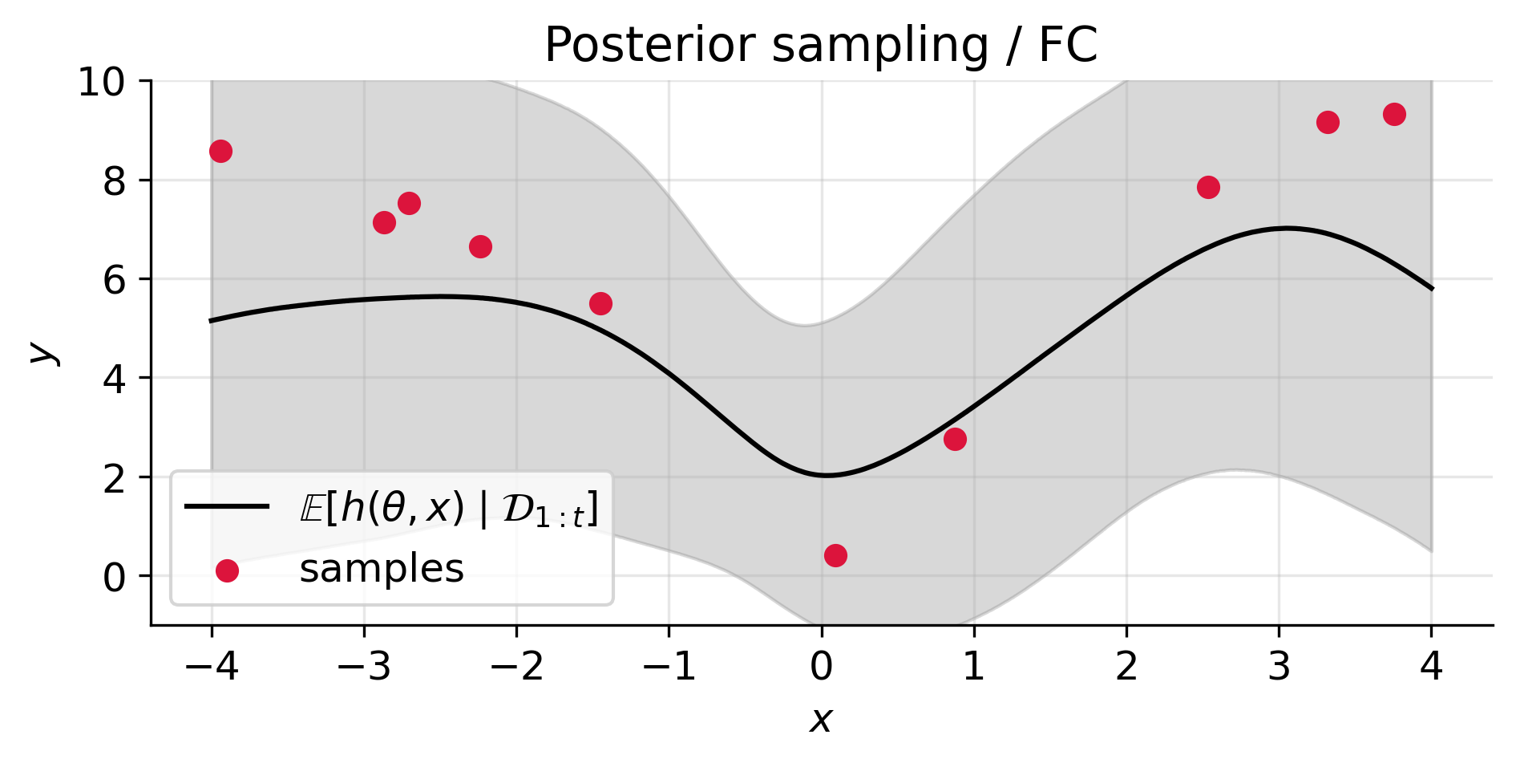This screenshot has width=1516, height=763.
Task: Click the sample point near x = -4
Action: coord(220,151)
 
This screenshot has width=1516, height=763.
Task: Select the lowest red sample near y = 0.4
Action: coord(835,555)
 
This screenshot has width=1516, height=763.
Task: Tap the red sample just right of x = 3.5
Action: coord(1394,114)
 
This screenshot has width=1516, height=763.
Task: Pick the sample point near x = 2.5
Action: coord(1208,187)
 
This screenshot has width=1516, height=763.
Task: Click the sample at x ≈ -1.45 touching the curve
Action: coord(600,303)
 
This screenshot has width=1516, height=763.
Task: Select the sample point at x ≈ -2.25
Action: coord(480,246)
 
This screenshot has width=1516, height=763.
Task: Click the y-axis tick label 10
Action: coord(101,83)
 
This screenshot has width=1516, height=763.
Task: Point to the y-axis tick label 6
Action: coord(115,280)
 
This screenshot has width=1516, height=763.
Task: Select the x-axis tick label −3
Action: coord(364,667)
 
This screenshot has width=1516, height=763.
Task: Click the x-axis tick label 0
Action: coord(821,667)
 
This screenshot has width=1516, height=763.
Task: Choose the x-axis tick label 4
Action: coord(1431,667)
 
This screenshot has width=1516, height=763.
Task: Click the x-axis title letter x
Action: coord(820,720)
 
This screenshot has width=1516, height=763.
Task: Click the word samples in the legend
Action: coord(382,569)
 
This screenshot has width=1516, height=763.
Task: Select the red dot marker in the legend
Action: coord(227,570)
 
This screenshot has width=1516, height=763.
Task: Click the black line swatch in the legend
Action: coord(227,506)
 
